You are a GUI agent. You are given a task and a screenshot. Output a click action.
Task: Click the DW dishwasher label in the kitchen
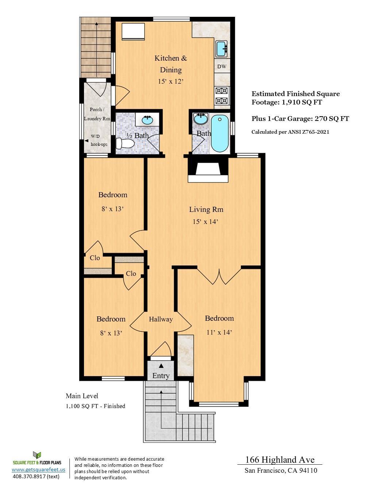[222, 66]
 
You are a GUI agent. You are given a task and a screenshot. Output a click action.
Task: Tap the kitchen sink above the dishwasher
[221, 49]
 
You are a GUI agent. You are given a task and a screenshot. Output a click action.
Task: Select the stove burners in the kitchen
[222, 96]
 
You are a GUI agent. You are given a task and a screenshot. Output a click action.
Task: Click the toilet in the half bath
[124, 143]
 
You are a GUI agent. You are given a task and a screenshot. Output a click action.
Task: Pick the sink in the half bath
[147, 119]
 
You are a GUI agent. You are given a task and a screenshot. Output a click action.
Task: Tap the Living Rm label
[206, 209]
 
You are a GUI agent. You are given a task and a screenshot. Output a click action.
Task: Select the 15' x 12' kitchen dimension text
[170, 81]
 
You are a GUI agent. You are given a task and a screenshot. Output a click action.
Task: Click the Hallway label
[161, 319]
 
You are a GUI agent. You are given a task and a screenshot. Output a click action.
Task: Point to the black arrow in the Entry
[161, 365]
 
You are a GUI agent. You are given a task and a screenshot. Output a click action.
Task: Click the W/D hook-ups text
[99, 140]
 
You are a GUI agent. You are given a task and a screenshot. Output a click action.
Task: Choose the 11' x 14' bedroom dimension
[219, 332]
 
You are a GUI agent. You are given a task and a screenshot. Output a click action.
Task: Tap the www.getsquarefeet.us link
[38, 470]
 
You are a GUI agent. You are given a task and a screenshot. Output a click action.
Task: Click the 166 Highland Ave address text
[280, 460]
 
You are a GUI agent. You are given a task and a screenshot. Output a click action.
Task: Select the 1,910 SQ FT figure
[302, 102]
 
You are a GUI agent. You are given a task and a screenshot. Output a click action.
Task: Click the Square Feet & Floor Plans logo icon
[37, 455]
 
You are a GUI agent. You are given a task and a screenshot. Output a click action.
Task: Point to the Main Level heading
[82, 396]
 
